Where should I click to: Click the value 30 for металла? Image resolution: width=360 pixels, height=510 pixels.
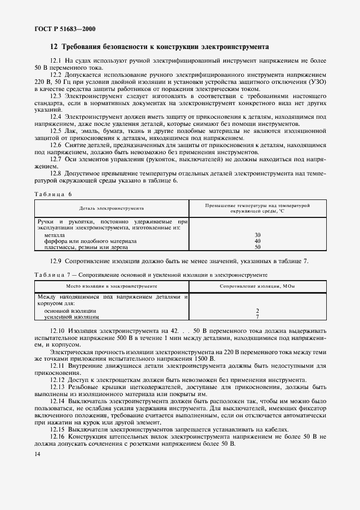click(258, 234)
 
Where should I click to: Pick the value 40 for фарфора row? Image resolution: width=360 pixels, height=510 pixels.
click(258, 240)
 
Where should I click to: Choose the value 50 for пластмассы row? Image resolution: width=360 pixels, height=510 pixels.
click(258, 247)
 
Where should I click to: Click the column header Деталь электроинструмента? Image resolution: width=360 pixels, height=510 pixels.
click(111, 208)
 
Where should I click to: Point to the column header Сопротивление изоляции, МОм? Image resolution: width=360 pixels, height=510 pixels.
click(258, 285)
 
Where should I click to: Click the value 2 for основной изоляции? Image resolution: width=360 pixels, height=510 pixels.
click(257, 310)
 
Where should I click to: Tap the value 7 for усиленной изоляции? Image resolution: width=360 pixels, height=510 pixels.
click(257, 317)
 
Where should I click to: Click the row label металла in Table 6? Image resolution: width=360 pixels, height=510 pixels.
click(54, 234)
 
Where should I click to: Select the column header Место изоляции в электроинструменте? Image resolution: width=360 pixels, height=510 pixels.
click(111, 285)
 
